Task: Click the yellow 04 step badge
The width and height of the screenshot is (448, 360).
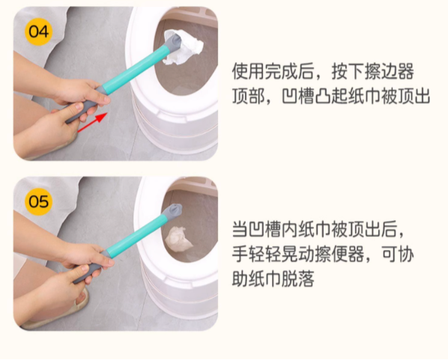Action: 37,31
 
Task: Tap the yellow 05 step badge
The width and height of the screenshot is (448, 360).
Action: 37,201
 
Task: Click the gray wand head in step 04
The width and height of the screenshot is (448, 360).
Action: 172,46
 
